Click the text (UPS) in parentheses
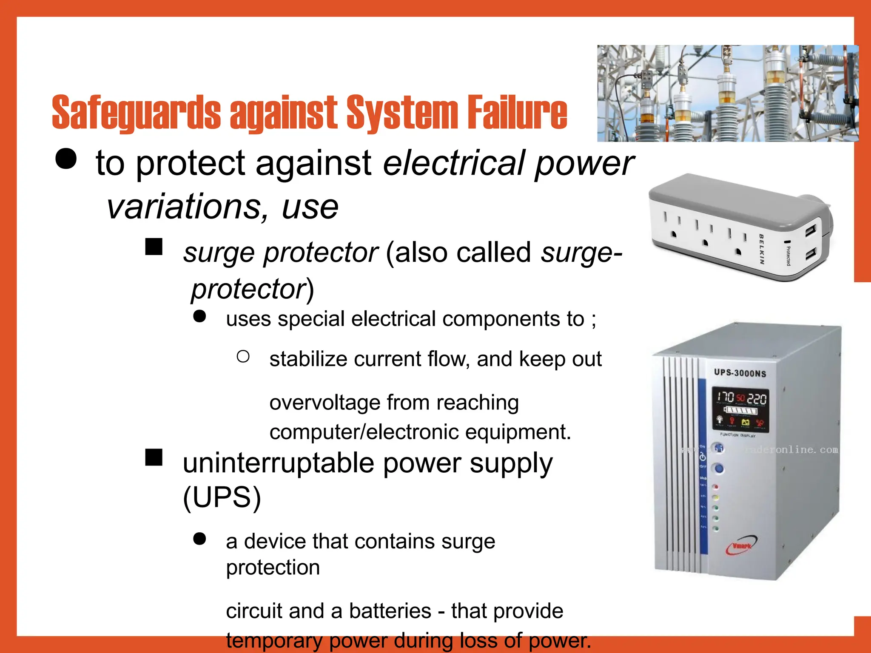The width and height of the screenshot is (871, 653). click(x=222, y=497)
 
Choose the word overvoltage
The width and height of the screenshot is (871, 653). click(x=324, y=402)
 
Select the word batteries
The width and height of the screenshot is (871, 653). click(x=390, y=611)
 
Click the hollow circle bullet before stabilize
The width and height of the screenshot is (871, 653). click(x=243, y=356)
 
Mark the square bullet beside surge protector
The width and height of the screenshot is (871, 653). click(x=154, y=247)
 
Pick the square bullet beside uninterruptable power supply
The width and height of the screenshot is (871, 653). click(x=154, y=457)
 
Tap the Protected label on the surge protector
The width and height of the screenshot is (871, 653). click(x=788, y=256)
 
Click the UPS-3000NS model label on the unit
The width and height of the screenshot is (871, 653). click(x=740, y=373)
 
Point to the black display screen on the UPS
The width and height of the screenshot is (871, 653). click(x=740, y=410)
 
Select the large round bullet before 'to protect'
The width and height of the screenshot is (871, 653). click(x=66, y=159)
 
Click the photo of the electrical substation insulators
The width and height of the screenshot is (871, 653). click(x=727, y=94)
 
